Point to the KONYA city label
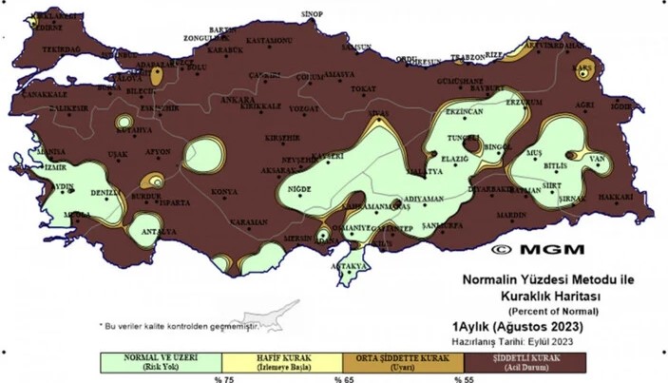coord(224,192)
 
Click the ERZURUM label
coord(523,102)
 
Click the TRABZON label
coord(468,58)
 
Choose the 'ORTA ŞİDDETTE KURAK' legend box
coord(402,362)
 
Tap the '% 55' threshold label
coord(463,378)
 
